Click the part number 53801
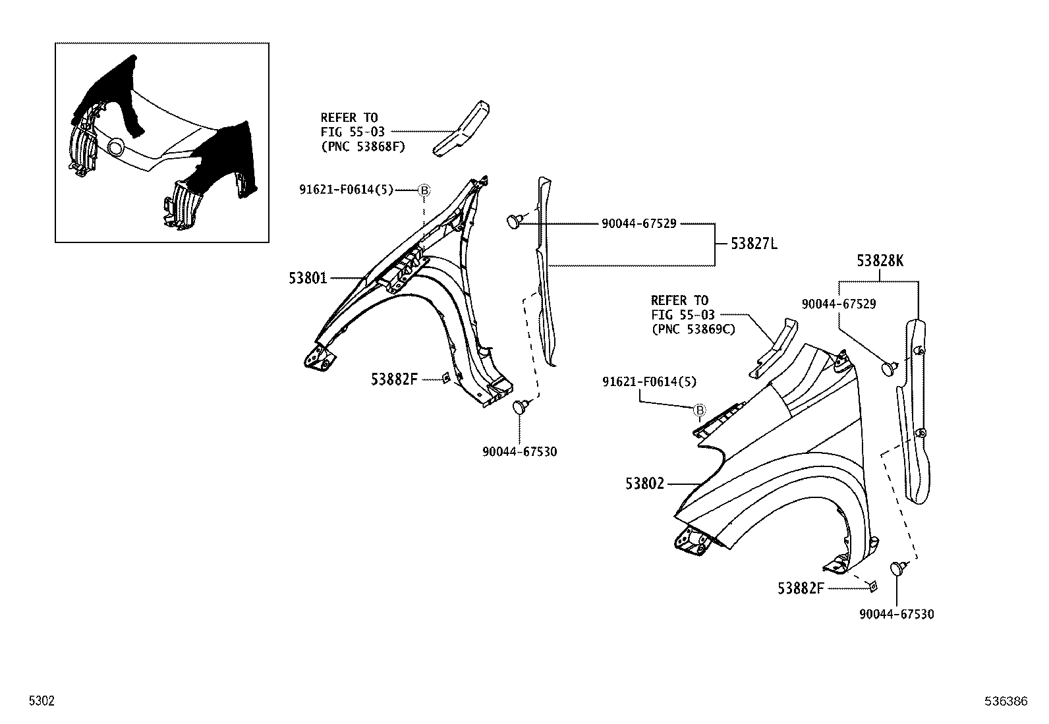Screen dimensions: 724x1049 pos(308,278)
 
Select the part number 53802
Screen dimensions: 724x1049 pos(645,484)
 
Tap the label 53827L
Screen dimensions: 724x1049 pos(754,244)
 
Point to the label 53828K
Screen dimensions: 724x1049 pos(880,261)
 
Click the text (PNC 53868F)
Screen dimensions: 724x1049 pos(362,146)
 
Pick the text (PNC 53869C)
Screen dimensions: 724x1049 pos(693,329)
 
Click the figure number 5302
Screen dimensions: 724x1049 pos(41,702)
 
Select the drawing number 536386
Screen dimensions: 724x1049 pos(1006,702)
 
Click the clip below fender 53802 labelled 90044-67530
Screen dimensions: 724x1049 pos(899,568)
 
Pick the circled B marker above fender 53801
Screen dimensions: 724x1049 pos(424,190)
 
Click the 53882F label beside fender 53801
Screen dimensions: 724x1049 pos(394,379)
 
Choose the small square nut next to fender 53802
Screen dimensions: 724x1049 pos(871,586)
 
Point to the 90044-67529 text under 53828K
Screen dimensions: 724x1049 pos(838,304)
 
